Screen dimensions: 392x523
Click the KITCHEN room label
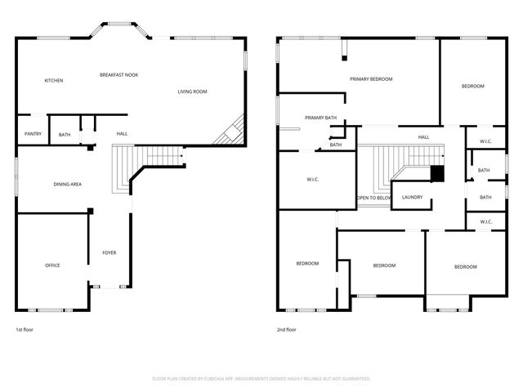(54, 80)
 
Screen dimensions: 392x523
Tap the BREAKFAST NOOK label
(118, 74)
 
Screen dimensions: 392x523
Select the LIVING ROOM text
(192, 91)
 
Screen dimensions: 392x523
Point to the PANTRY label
(33, 133)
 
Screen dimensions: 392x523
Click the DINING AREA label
(67, 185)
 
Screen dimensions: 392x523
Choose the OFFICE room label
(52, 265)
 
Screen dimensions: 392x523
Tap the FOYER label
(109, 252)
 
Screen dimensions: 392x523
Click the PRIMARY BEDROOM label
(371, 79)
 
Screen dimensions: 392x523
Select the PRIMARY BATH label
(320, 118)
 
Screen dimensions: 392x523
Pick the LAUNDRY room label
(412, 198)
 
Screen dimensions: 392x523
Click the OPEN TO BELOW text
(373, 198)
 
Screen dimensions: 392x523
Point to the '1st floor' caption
(25, 330)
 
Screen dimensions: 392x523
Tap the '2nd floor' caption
(287, 330)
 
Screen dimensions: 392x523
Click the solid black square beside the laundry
(436, 173)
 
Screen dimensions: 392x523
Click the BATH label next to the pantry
(65, 134)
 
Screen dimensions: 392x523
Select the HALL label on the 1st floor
(122, 134)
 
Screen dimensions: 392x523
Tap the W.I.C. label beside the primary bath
(312, 180)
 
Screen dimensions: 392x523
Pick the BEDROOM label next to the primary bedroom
(472, 86)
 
